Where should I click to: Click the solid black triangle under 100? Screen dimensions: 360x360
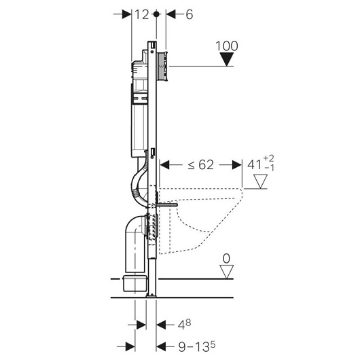(x=227, y=60)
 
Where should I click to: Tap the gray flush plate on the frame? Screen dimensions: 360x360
(x=162, y=65)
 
